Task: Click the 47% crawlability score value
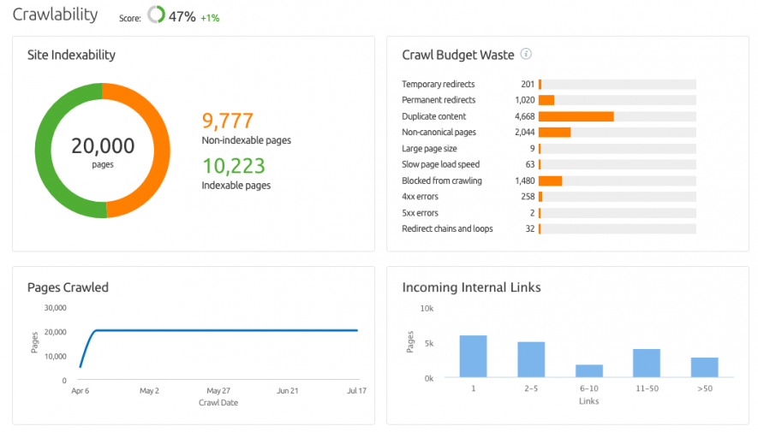coord(182,16)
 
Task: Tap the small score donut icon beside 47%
coord(156,15)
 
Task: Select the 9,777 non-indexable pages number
coord(227,121)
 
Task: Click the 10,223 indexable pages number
coord(233,166)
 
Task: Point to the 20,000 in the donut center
coord(103,145)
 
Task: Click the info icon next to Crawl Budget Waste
coord(526,55)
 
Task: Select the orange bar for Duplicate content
coord(576,116)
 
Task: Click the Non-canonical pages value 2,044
coord(524,133)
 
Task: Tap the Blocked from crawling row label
coord(441,180)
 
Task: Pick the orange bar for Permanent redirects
coord(546,100)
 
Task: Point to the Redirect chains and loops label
coord(447,229)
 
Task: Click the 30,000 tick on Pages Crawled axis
coord(54,308)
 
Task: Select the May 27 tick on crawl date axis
coord(218,391)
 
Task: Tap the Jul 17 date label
coord(357,391)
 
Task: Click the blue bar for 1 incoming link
coord(473,356)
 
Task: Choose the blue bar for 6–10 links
coord(588,370)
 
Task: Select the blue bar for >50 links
coord(704,367)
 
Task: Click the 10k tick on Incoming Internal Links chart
coord(426,308)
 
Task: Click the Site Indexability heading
coord(71,56)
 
